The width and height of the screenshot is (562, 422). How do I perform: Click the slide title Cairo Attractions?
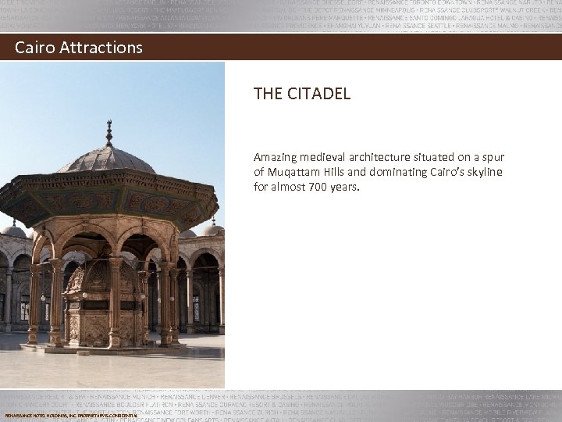pos(79,48)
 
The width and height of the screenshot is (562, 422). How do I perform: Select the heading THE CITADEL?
pos(301,94)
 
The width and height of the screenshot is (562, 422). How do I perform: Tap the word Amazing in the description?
pos(275,158)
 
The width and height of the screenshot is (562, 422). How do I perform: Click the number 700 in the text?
pos(315,187)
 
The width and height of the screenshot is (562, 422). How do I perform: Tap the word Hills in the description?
pos(336,172)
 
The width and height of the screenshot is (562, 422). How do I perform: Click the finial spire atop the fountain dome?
pos(108,132)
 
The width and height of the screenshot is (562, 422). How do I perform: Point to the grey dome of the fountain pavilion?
pos(108,160)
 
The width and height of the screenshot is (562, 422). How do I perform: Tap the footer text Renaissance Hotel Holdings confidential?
pos(71,416)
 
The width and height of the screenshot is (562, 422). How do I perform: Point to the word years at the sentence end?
pos(343,187)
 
